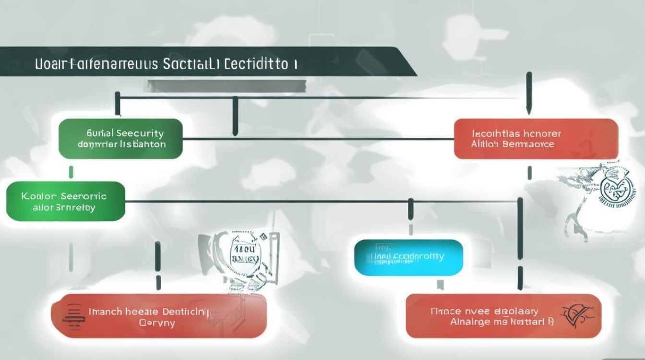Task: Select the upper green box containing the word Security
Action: point(120,139)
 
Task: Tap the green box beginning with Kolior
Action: point(65,202)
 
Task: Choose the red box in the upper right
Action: point(536,139)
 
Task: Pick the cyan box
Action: point(408,257)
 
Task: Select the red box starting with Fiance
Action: point(503,316)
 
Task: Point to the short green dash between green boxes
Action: point(71,171)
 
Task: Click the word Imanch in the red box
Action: point(106,312)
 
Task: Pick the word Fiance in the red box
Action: point(446,312)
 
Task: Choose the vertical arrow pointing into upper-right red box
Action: point(529,94)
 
